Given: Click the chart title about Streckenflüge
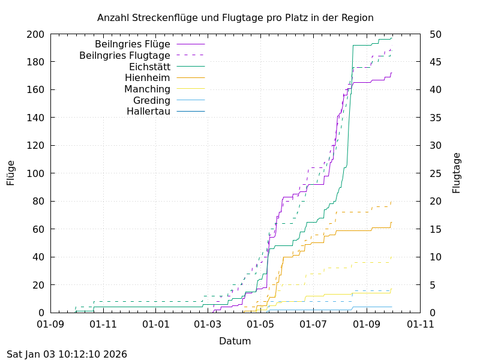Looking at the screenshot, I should click(x=235, y=17).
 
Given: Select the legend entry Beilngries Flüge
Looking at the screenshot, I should click(x=133, y=44).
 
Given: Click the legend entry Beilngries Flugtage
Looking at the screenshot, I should click(x=125, y=55).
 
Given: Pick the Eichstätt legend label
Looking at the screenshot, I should click(x=149, y=67).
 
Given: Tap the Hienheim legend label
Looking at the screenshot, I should click(x=148, y=77).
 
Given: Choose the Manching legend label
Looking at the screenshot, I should click(x=147, y=89).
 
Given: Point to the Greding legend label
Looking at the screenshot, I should click(x=152, y=100).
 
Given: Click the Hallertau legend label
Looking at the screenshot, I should click(x=148, y=112).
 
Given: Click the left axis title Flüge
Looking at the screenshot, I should click(x=11, y=173).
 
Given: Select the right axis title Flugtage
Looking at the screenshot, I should click(x=457, y=173).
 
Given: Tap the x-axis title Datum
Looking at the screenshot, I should click(x=235, y=341).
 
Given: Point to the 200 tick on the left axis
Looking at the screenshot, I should click(x=35, y=34).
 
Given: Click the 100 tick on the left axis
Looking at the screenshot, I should click(x=35, y=173).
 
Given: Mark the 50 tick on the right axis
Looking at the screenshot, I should click(x=436, y=34).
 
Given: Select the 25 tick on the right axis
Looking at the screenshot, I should click(x=436, y=173).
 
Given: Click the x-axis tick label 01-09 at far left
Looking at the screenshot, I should click(x=50, y=325).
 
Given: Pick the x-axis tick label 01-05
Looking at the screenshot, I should click(x=260, y=325).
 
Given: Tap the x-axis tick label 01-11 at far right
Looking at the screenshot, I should click(x=419, y=325).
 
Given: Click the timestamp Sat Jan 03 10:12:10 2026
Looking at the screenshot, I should click(x=67, y=354).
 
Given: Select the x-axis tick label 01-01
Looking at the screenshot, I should click(x=155, y=325).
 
